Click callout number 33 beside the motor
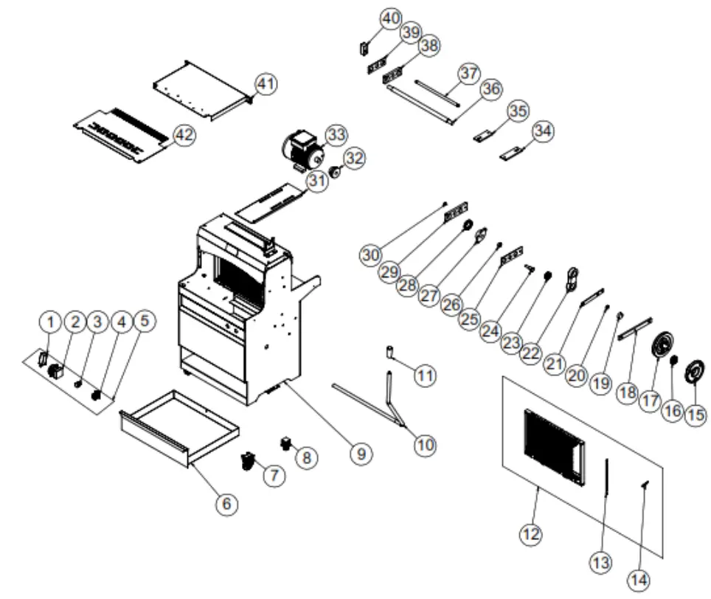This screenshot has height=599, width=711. (x=336, y=135)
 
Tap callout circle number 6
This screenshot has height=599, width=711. (x=226, y=503)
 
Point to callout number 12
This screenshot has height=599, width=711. (x=530, y=533)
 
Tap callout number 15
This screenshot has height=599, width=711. (x=696, y=415)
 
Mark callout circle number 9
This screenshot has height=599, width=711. (x=361, y=454)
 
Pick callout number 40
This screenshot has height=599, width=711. (x=390, y=17)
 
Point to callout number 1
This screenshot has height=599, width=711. (x=50, y=322)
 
